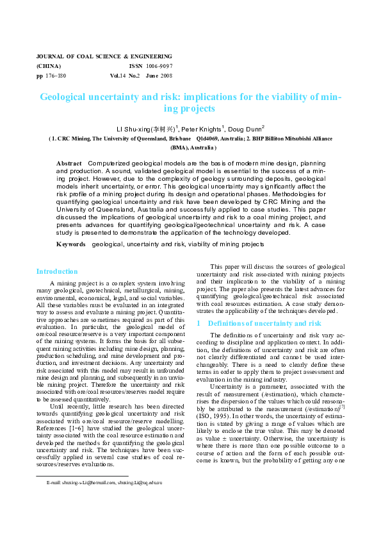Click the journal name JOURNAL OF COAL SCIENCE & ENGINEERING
tap(104, 56)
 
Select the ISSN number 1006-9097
tap(159, 66)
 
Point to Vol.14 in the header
tap(118, 76)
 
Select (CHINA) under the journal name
tap(49, 66)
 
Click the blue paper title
tap(190, 103)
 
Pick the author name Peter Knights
tap(202, 128)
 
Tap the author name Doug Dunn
tap(247, 128)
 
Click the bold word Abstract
tap(69, 164)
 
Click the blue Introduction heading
tap(57, 271)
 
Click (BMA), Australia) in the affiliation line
tap(190, 147)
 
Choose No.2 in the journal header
tap(134, 76)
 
